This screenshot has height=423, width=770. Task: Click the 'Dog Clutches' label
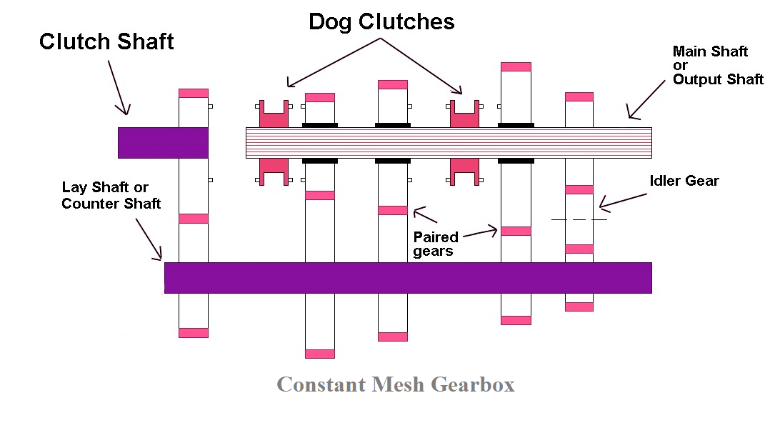click(x=381, y=21)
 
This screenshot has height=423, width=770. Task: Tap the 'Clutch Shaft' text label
click(x=106, y=41)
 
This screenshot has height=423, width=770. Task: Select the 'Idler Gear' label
click(x=684, y=181)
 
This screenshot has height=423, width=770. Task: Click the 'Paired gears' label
click(x=436, y=243)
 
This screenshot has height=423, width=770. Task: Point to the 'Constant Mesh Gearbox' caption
click(x=395, y=384)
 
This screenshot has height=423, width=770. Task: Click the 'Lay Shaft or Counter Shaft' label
click(x=111, y=195)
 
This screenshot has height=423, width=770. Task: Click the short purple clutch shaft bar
click(x=163, y=143)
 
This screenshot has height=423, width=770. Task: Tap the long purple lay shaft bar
click(x=407, y=277)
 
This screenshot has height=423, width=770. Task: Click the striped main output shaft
click(x=449, y=143)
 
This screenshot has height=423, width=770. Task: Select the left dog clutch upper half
click(x=274, y=114)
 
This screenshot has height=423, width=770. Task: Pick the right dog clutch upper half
click(x=463, y=114)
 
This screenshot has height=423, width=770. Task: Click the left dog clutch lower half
click(x=274, y=171)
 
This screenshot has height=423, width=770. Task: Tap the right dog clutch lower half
click(x=463, y=171)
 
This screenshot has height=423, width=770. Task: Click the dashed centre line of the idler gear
click(x=579, y=219)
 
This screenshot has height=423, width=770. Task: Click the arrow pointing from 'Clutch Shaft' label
click(x=118, y=87)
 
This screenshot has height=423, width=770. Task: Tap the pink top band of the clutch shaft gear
click(x=193, y=93)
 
